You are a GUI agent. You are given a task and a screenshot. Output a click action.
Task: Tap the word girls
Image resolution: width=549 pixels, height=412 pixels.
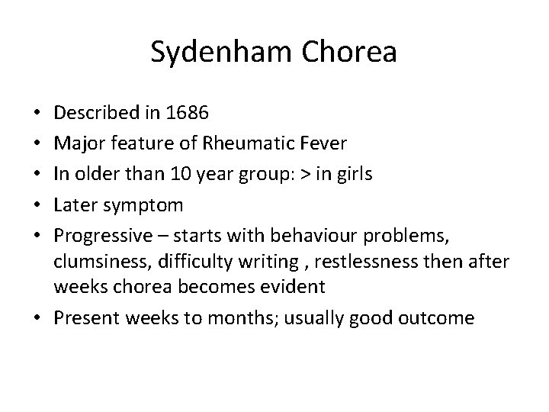[352, 173]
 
